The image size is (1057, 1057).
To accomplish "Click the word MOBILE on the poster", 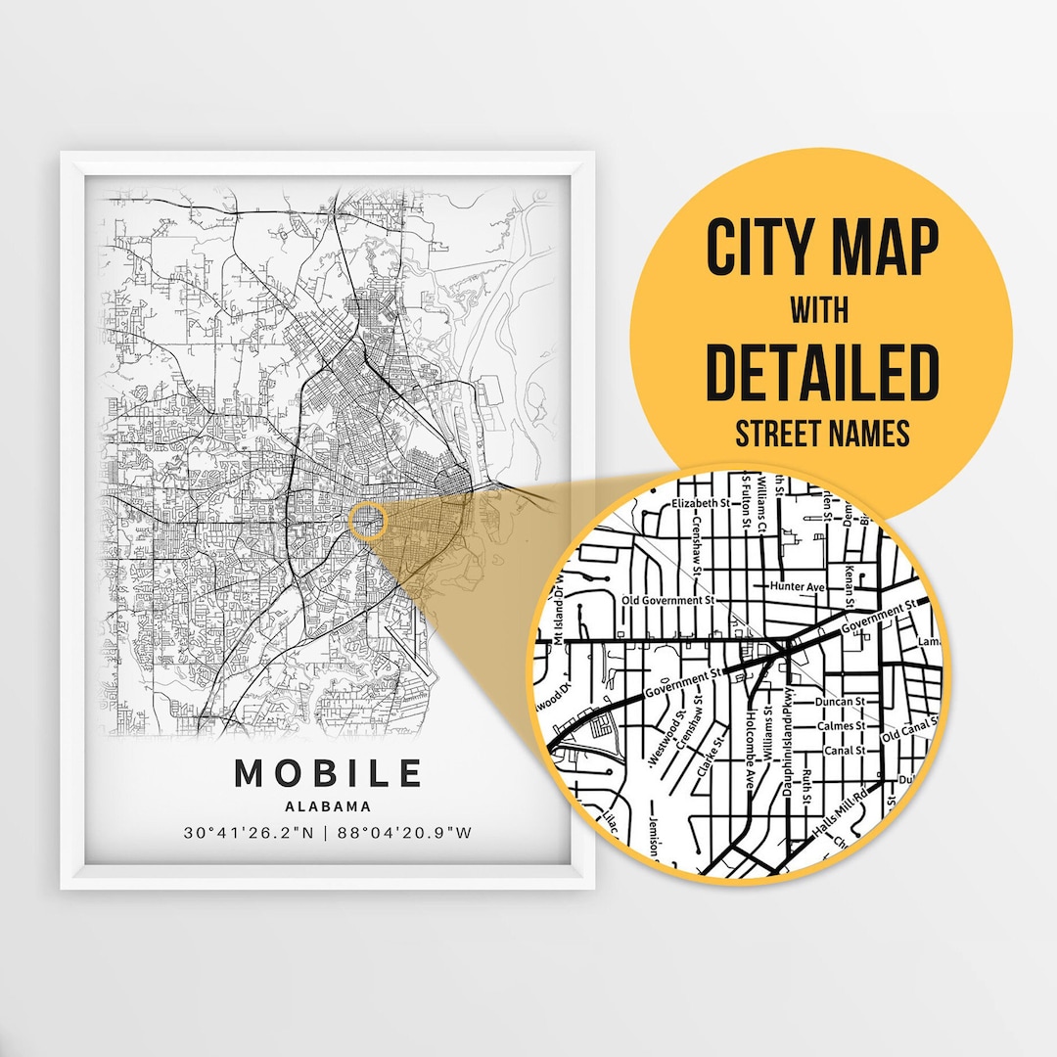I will tap(328, 773).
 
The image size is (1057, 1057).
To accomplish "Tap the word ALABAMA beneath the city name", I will tap(328, 807).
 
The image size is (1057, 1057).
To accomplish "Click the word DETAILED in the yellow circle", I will tap(822, 371).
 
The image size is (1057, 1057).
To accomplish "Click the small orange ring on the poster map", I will tap(368, 521).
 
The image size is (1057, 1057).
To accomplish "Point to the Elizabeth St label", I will tap(703, 504).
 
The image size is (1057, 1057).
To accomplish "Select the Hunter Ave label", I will tap(798, 586).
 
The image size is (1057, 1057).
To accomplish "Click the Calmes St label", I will tap(841, 726).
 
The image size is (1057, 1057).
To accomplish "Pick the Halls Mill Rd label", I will tap(841, 814).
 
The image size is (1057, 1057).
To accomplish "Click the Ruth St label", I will tap(805, 783).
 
